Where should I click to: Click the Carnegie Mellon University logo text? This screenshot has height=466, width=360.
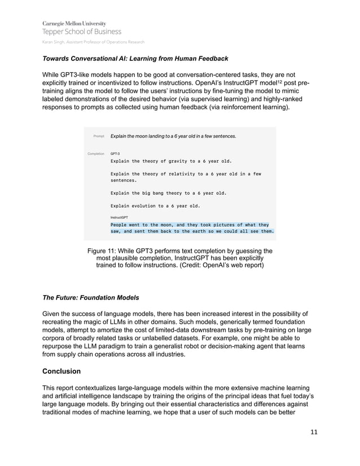pyautogui.click(x=73, y=23)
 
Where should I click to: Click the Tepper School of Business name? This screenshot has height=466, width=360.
pyautogui.click(x=81, y=32)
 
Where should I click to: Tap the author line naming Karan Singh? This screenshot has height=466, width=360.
pyautogui.click(x=93, y=42)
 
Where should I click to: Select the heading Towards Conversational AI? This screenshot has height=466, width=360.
pyautogui.click(x=135, y=58)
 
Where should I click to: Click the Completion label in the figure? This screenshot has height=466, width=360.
pyautogui.click(x=96, y=153)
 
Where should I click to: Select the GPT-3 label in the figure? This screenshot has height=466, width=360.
pyautogui.click(x=115, y=153)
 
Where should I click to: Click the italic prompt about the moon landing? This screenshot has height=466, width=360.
pyautogui.click(x=173, y=137)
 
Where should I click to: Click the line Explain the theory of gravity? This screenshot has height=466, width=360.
pyautogui.click(x=171, y=161)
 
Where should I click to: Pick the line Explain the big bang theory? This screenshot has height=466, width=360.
pyautogui.click(x=168, y=193)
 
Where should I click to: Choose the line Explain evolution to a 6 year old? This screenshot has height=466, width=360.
pyautogui.click(x=156, y=205)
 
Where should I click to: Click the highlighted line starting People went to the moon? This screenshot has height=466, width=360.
pyautogui.click(x=190, y=225)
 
